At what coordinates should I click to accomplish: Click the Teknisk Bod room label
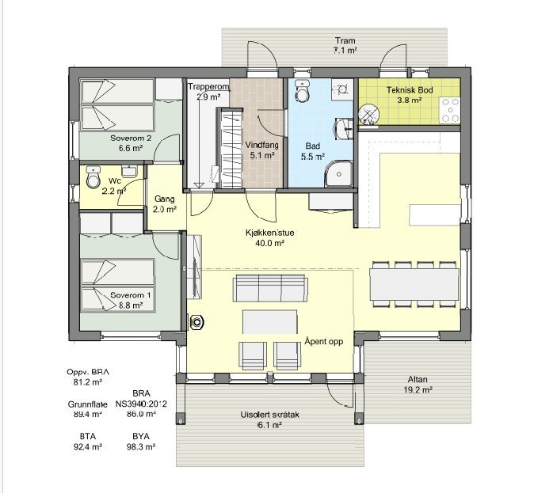point(410,90)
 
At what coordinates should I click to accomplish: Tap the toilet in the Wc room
point(93,174)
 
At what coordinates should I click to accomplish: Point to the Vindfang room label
point(261,146)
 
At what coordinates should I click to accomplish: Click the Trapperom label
point(208,87)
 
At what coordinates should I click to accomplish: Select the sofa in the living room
point(270,290)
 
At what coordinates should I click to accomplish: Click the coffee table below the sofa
point(270,321)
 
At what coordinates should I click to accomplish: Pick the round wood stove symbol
point(196,322)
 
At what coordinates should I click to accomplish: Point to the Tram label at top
point(344,40)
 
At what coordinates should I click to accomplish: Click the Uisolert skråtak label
point(269,415)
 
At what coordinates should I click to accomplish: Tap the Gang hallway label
point(164,199)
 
